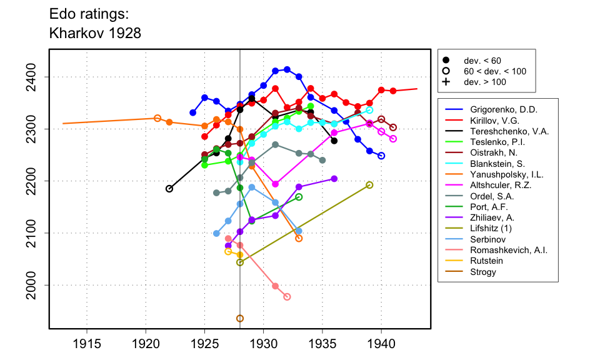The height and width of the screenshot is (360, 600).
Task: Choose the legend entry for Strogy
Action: (488, 272)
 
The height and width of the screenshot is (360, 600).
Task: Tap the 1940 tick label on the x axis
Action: (381, 344)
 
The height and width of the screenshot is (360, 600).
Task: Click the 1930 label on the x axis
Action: (263, 344)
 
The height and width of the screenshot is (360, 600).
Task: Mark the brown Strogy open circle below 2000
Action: (240, 319)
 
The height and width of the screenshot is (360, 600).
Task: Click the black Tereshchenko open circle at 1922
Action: (169, 189)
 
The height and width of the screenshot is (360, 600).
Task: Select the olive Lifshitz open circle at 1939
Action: (369, 185)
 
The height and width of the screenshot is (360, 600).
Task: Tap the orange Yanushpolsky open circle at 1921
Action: (157, 118)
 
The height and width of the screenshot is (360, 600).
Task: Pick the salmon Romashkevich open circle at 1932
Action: (287, 297)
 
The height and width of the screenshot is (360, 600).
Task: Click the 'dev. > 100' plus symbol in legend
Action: (446, 82)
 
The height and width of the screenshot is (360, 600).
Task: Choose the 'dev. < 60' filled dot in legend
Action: (446, 61)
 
